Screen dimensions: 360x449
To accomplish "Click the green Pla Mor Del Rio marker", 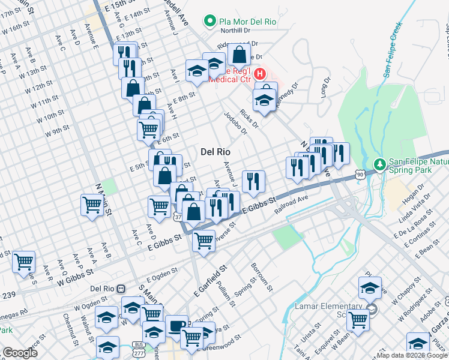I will (210, 22).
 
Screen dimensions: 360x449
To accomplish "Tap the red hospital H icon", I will (260, 75).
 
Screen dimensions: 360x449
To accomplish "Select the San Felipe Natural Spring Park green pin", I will (379, 163).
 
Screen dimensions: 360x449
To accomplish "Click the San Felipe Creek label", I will (391, 52).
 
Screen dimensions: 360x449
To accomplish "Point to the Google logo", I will (20, 353).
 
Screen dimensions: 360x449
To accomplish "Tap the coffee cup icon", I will (176, 325).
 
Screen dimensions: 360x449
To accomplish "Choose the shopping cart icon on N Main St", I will (92, 205).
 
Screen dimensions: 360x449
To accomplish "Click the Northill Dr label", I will (235, 30).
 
